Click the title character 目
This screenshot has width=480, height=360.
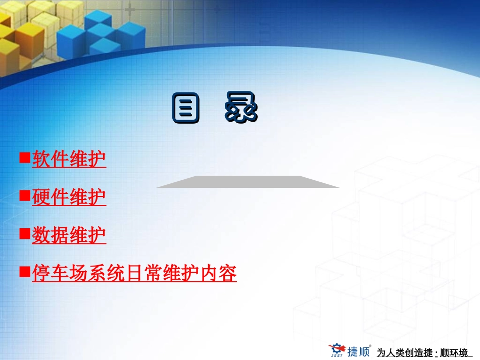pyautogui.click(x=185, y=108)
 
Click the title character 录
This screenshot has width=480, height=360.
pyautogui.click(x=242, y=108)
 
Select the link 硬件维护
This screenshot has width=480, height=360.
pyautogui.click(x=69, y=197)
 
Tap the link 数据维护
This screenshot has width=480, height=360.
pyautogui.click(x=69, y=235)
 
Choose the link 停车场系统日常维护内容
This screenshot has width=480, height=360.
pyautogui.click(x=134, y=274)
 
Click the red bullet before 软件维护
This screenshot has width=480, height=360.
pyautogui.click(x=24, y=158)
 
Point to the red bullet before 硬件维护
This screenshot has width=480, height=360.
pyautogui.click(x=24, y=196)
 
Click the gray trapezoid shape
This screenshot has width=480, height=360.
pyautogui.click(x=248, y=182)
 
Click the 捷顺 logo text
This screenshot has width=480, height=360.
pyautogui.click(x=358, y=351)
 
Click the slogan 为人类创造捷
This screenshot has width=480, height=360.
pyautogui.click(x=405, y=352)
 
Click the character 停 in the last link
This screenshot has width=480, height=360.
pyautogui.click(x=41, y=274)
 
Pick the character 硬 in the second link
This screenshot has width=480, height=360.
pyautogui.click(x=41, y=197)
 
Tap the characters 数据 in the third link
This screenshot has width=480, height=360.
pyautogui.click(x=50, y=235)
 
